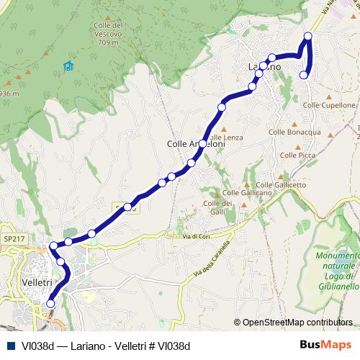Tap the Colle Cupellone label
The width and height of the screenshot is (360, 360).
pyautogui.click(x=333, y=105)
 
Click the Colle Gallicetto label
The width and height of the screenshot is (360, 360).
pyautogui.click(x=286, y=184)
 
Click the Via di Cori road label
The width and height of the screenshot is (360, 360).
pyautogui.click(x=194, y=237)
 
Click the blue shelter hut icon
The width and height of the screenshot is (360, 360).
pyautogui.click(x=68, y=66)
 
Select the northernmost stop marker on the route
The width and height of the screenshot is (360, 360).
pyautogui.click(x=308, y=36)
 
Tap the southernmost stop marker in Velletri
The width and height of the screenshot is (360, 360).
pyautogui.click(x=50, y=304)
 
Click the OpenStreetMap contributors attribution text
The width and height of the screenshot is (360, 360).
pyautogui.click(x=297, y=323)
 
